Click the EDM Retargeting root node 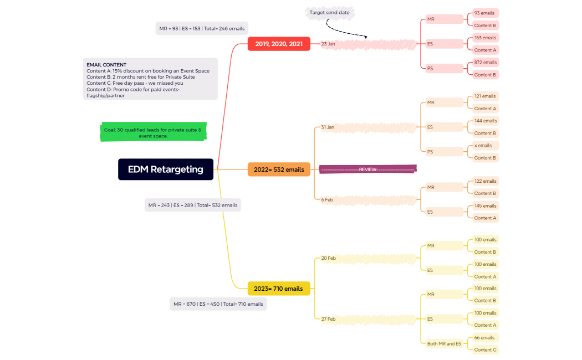[x=165, y=169]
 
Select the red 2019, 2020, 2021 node [x=279, y=44]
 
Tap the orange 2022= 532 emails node [x=279, y=169]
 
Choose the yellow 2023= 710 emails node [x=278, y=289]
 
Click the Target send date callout [x=329, y=12]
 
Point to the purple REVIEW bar [x=367, y=169]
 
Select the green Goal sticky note [x=153, y=132]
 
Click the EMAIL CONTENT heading [x=106, y=65]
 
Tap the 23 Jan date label [x=328, y=44]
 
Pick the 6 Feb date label [x=327, y=199]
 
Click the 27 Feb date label [x=328, y=319]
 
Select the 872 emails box [x=485, y=63]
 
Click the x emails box [x=483, y=146]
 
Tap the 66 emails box [x=484, y=338]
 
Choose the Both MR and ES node [x=444, y=344]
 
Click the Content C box [x=485, y=350]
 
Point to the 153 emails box [x=485, y=38]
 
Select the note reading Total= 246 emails [x=201, y=28]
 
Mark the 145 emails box [x=485, y=206]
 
